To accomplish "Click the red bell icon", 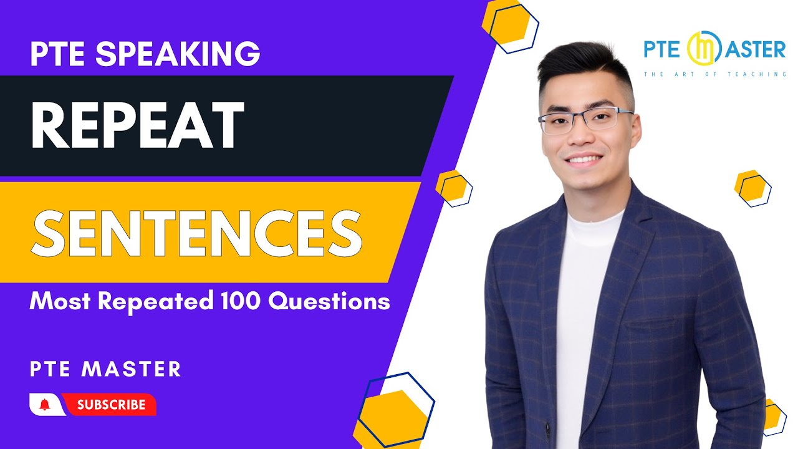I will click(x=44, y=405).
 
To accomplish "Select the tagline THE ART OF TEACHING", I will click(x=715, y=74).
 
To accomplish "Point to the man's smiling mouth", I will click(x=584, y=158).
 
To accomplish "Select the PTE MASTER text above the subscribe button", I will click(x=105, y=369).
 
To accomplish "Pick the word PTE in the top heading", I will click(x=59, y=54).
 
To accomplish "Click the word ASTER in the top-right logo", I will click(x=754, y=50).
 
